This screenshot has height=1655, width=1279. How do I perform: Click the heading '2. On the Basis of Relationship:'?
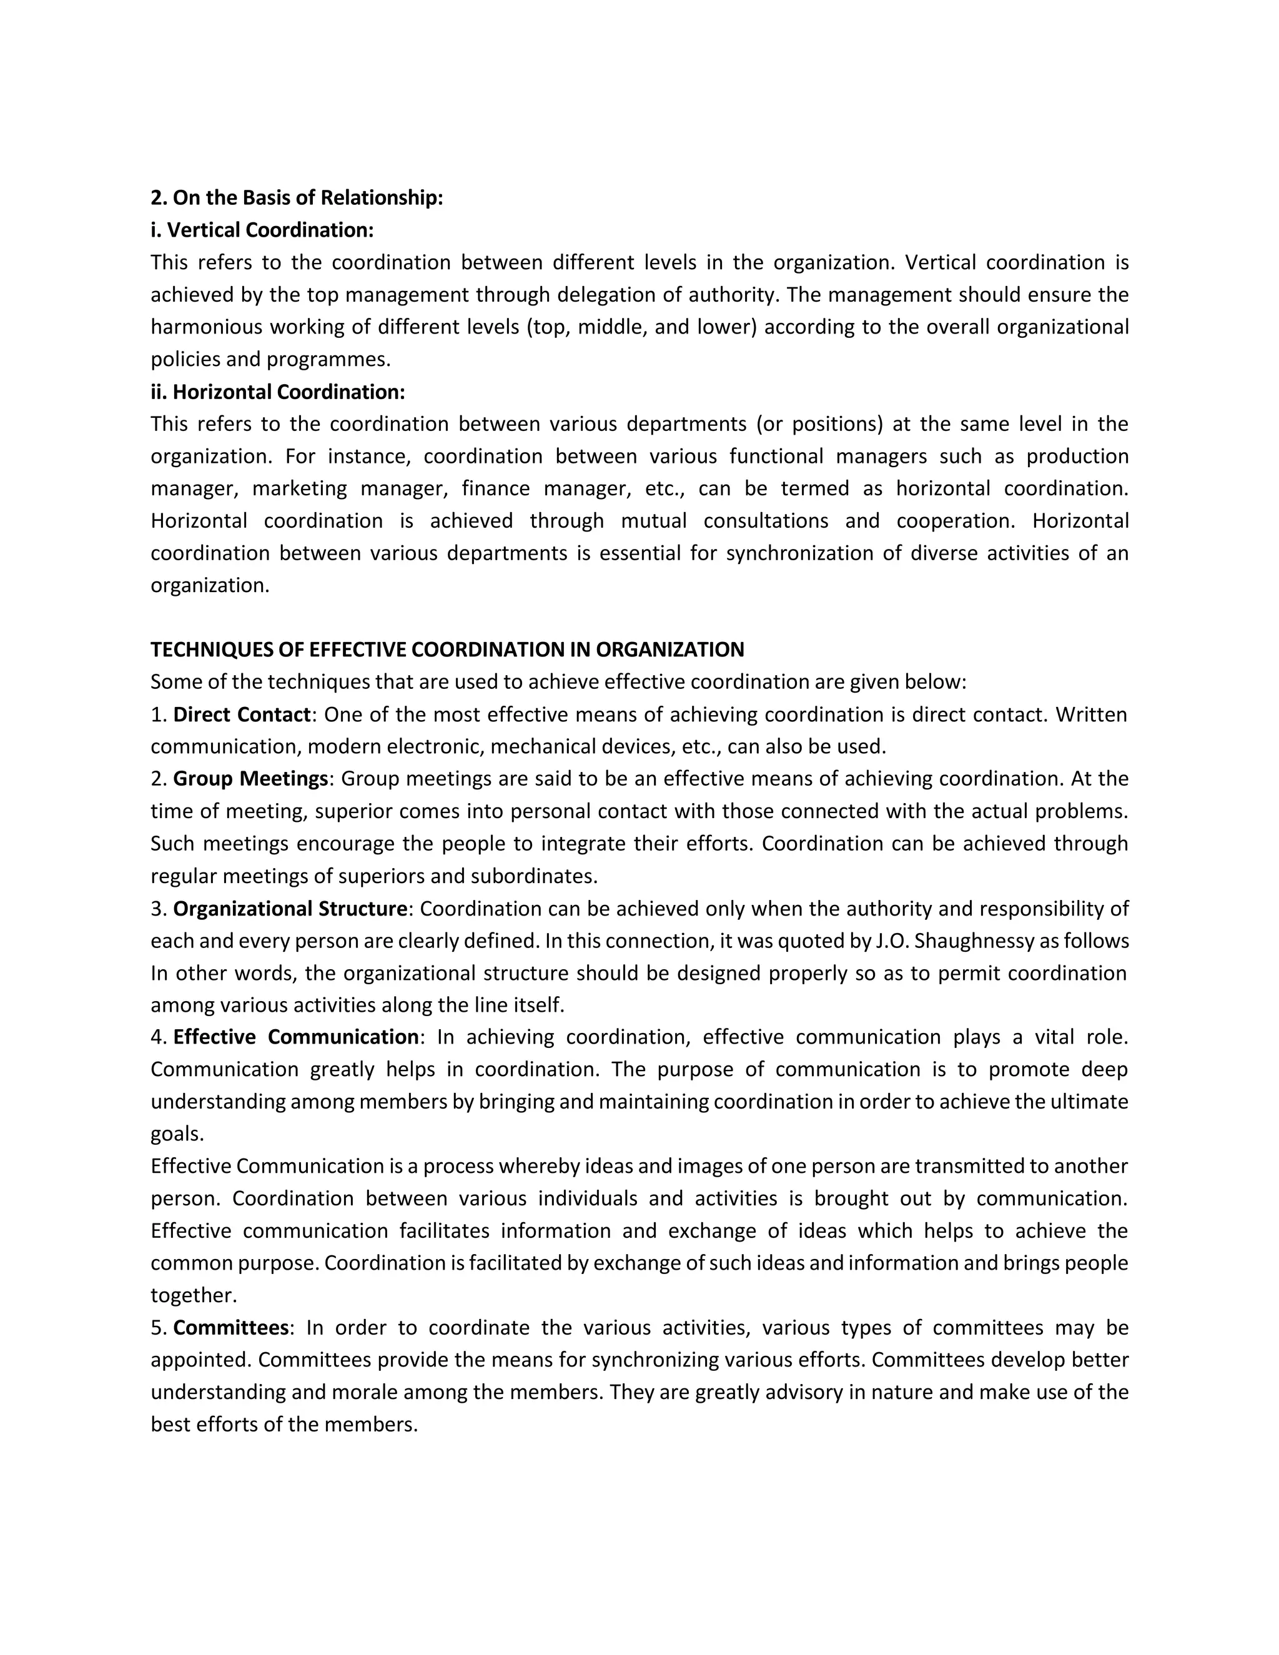pyautogui.click(x=296, y=198)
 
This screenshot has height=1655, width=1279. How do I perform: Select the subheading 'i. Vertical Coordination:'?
pyautogui.click(x=262, y=230)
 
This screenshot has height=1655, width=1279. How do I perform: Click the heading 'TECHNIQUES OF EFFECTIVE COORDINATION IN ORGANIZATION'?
pyautogui.click(x=447, y=650)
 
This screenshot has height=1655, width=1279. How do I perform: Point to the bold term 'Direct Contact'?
pyautogui.click(x=242, y=714)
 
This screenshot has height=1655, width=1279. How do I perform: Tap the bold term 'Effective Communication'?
pyautogui.click(x=295, y=1037)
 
